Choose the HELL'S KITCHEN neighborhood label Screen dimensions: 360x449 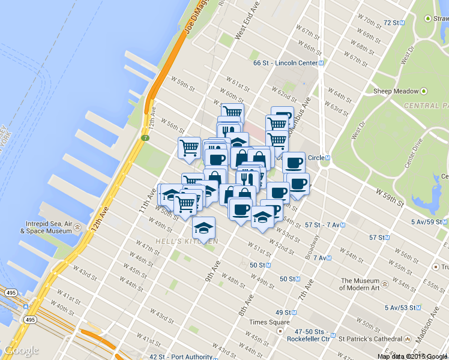pos(187,241)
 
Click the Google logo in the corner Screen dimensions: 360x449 pos(21,350)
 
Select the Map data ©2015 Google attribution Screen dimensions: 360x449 pos(412,356)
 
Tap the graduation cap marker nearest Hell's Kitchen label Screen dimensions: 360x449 pos(204,229)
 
